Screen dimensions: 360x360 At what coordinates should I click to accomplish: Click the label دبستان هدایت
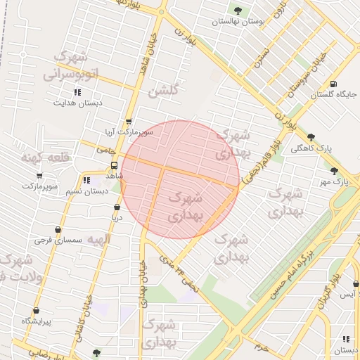[x=78, y=103]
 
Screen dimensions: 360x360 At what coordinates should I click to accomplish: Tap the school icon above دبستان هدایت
[x=78, y=92]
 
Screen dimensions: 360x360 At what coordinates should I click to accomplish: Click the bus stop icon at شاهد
[x=112, y=165]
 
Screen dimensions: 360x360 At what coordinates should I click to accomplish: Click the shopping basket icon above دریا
[x=117, y=207]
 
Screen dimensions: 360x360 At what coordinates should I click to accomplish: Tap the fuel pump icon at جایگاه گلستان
[x=332, y=83]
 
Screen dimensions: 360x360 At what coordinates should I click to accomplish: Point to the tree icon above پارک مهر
[x=334, y=171]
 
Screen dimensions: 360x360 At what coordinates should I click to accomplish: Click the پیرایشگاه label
[x=36, y=321]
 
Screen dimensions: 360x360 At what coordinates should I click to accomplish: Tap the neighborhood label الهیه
[x=98, y=240]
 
